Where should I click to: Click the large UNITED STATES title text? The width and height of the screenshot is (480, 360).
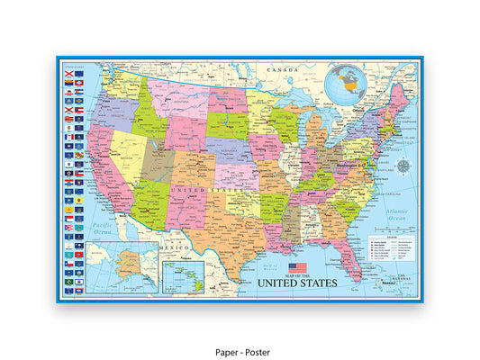pyautogui.click(x=297, y=283)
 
